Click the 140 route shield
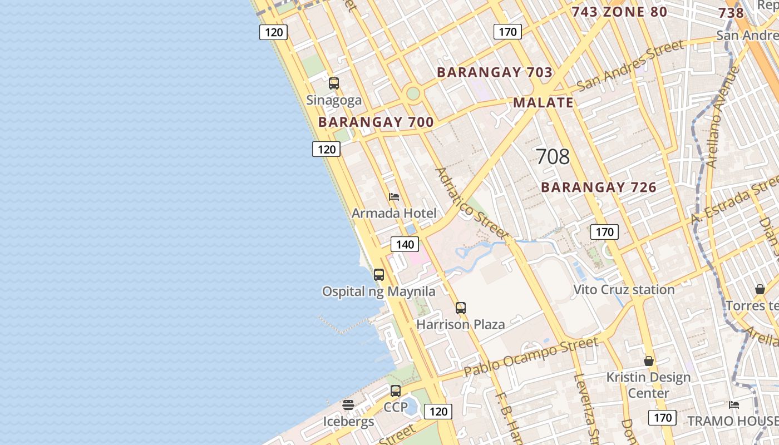pyautogui.click(x=405, y=244)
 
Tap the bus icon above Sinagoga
pyautogui.click(x=334, y=83)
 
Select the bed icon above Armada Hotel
pyautogui.click(x=394, y=197)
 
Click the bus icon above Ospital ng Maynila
pyautogui.click(x=379, y=274)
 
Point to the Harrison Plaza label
pyautogui.click(x=461, y=324)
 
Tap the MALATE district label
pyautogui.click(x=543, y=102)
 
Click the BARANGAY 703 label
pyautogui.click(x=495, y=72)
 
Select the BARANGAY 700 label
pyautogui.click(x=376, y=122)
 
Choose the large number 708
pyautogui.click(x=553, y=157)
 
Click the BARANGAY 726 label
pyautogui.click(x=599, y=187)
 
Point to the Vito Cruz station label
pyautogui.click(x=624, y=289)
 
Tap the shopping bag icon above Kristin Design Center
pyautogui.click(x=649, y=361)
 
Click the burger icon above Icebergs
pyautogui.click(x=348, y=405)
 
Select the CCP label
pyautogui.click(x=396, y=407)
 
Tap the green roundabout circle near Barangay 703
pyautogui.click(x=413, y=93)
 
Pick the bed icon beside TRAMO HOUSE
pyautogui.click(x=734, y=405)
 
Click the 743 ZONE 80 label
pyautogui.click(x=619, y=12)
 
